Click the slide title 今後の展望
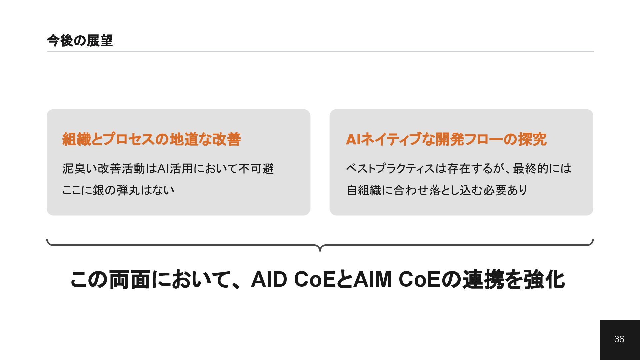point(80,41)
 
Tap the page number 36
point(619,339)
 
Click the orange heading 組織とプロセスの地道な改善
point(151,139)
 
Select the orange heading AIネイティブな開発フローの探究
point(446,139)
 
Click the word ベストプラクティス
point(390,169)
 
